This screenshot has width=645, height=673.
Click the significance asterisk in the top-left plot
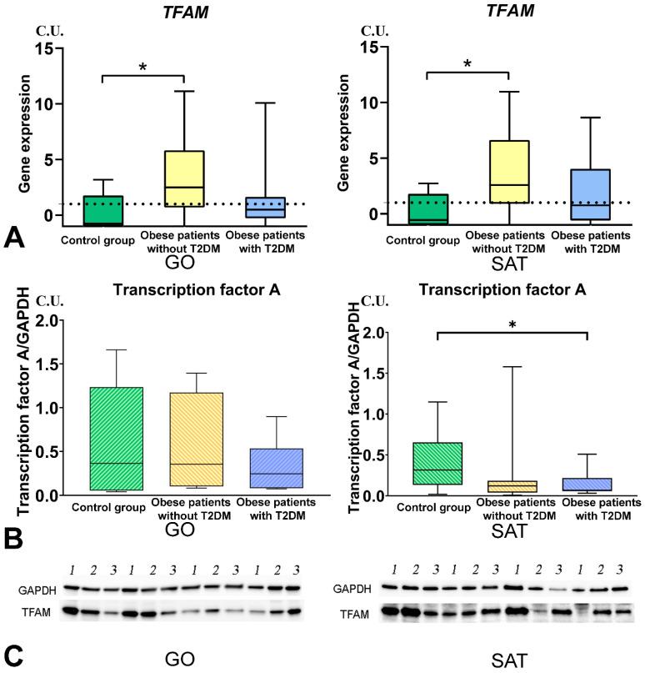142,67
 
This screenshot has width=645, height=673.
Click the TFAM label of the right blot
357,618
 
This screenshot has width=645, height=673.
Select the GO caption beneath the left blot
178,658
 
